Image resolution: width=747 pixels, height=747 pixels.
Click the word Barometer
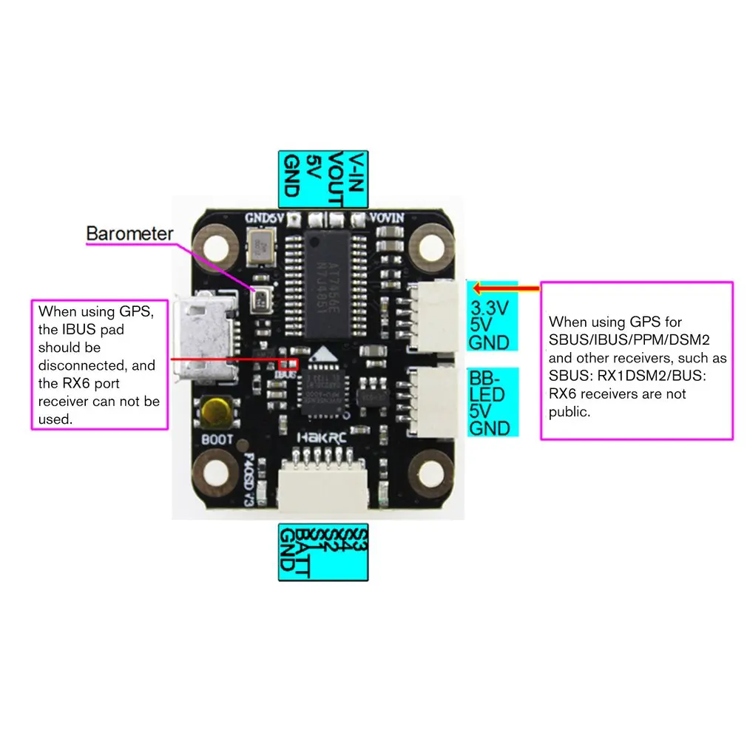pyautogui.click(x=129, y=234)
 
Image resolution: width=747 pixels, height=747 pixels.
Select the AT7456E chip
pyautogui.click(x=326, y=283)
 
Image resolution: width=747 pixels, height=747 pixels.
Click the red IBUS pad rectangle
pyautogui.click(x=287, y=363)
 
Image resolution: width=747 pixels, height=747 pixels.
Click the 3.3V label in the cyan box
pyautogui.click(x=489, y=308)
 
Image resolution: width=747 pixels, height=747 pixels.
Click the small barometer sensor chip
pyautogui.click(x=261, y=299)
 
